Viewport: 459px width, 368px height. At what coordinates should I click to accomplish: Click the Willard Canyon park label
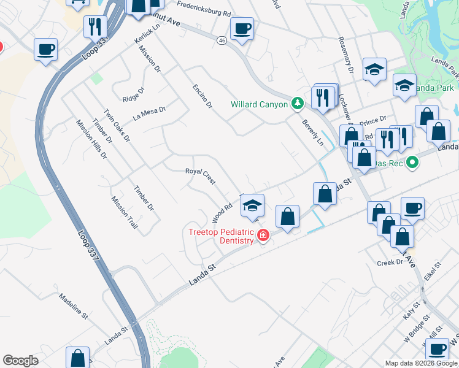tap(259, 104)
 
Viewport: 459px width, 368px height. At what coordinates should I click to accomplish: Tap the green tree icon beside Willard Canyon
tap(298, 103)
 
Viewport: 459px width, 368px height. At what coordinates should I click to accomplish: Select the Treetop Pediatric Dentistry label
tap(221, 236)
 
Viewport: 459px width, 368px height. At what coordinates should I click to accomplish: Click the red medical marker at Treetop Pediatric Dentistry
tap(263, 236)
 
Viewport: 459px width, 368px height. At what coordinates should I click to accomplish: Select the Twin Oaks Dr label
tap(117, 126)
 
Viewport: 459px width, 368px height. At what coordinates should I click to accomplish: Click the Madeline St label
tap(74, 306)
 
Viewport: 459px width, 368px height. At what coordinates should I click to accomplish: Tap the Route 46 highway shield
tap(222, 40)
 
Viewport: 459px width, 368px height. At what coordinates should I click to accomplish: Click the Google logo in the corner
tap(20, 361)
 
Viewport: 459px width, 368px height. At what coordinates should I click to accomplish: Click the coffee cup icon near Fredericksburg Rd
tap(242, 28)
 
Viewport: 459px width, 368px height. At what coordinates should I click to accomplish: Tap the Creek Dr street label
tap(390, 262)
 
